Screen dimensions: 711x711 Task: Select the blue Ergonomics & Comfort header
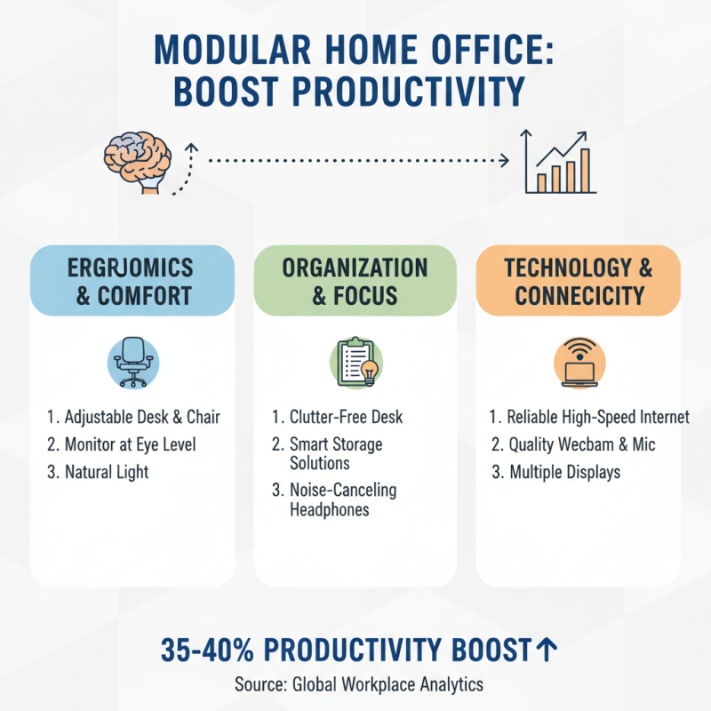click(x=133, y=281)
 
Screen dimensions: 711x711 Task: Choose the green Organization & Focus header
click(x=355, y=281)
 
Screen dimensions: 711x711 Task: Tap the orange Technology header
click(x=578, y=281)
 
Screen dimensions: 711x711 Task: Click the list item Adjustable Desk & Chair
click(x=133, y=417)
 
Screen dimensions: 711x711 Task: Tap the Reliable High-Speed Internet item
click(x=589, y=417)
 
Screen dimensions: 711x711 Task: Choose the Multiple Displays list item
click(x=555, y=472)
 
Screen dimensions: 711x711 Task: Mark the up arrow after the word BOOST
click(x=547, y=651)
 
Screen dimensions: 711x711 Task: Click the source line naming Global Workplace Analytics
click(x=355, y=684)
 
